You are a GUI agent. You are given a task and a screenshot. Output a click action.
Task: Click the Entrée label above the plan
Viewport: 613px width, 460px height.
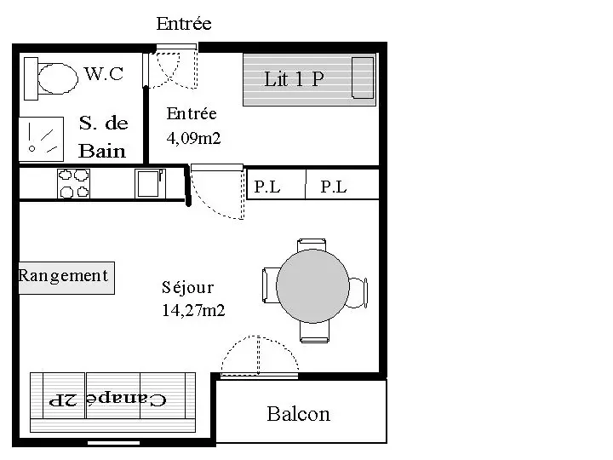click(184, 24)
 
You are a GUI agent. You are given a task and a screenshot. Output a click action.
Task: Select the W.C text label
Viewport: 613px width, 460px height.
click(104, 74)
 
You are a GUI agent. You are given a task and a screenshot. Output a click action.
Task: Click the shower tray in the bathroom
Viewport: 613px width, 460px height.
click(42, 137)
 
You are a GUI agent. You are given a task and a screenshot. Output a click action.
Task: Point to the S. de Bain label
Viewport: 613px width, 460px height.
click(103, 137)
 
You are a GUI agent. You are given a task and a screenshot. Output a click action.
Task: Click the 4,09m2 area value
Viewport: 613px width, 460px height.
click(193, 137)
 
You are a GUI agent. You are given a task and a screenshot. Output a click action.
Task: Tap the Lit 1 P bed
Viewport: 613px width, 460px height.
click(309, 80)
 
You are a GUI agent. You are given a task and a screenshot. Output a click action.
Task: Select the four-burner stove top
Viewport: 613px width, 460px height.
click(73, 184)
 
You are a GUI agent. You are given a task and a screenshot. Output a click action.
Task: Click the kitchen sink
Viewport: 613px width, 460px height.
click(148, 183)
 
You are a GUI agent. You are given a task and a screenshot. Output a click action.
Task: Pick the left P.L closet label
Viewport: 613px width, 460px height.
click(266, 187)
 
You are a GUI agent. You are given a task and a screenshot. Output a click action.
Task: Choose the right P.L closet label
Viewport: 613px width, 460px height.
click(334, 187)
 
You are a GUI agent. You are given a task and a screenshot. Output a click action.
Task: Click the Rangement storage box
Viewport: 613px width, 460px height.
click(66, 276)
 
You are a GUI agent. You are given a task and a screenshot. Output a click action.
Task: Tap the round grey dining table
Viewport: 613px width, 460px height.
click(312, 287)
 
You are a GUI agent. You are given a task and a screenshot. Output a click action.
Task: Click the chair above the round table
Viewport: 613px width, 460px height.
click(312, 244)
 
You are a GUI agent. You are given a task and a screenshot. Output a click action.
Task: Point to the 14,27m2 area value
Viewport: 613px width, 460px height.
click(193, 311)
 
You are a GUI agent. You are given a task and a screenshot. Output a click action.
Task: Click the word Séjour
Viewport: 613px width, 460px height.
click(187, 288)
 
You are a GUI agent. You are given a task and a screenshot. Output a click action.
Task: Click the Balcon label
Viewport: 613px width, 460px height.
click(298, 414)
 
